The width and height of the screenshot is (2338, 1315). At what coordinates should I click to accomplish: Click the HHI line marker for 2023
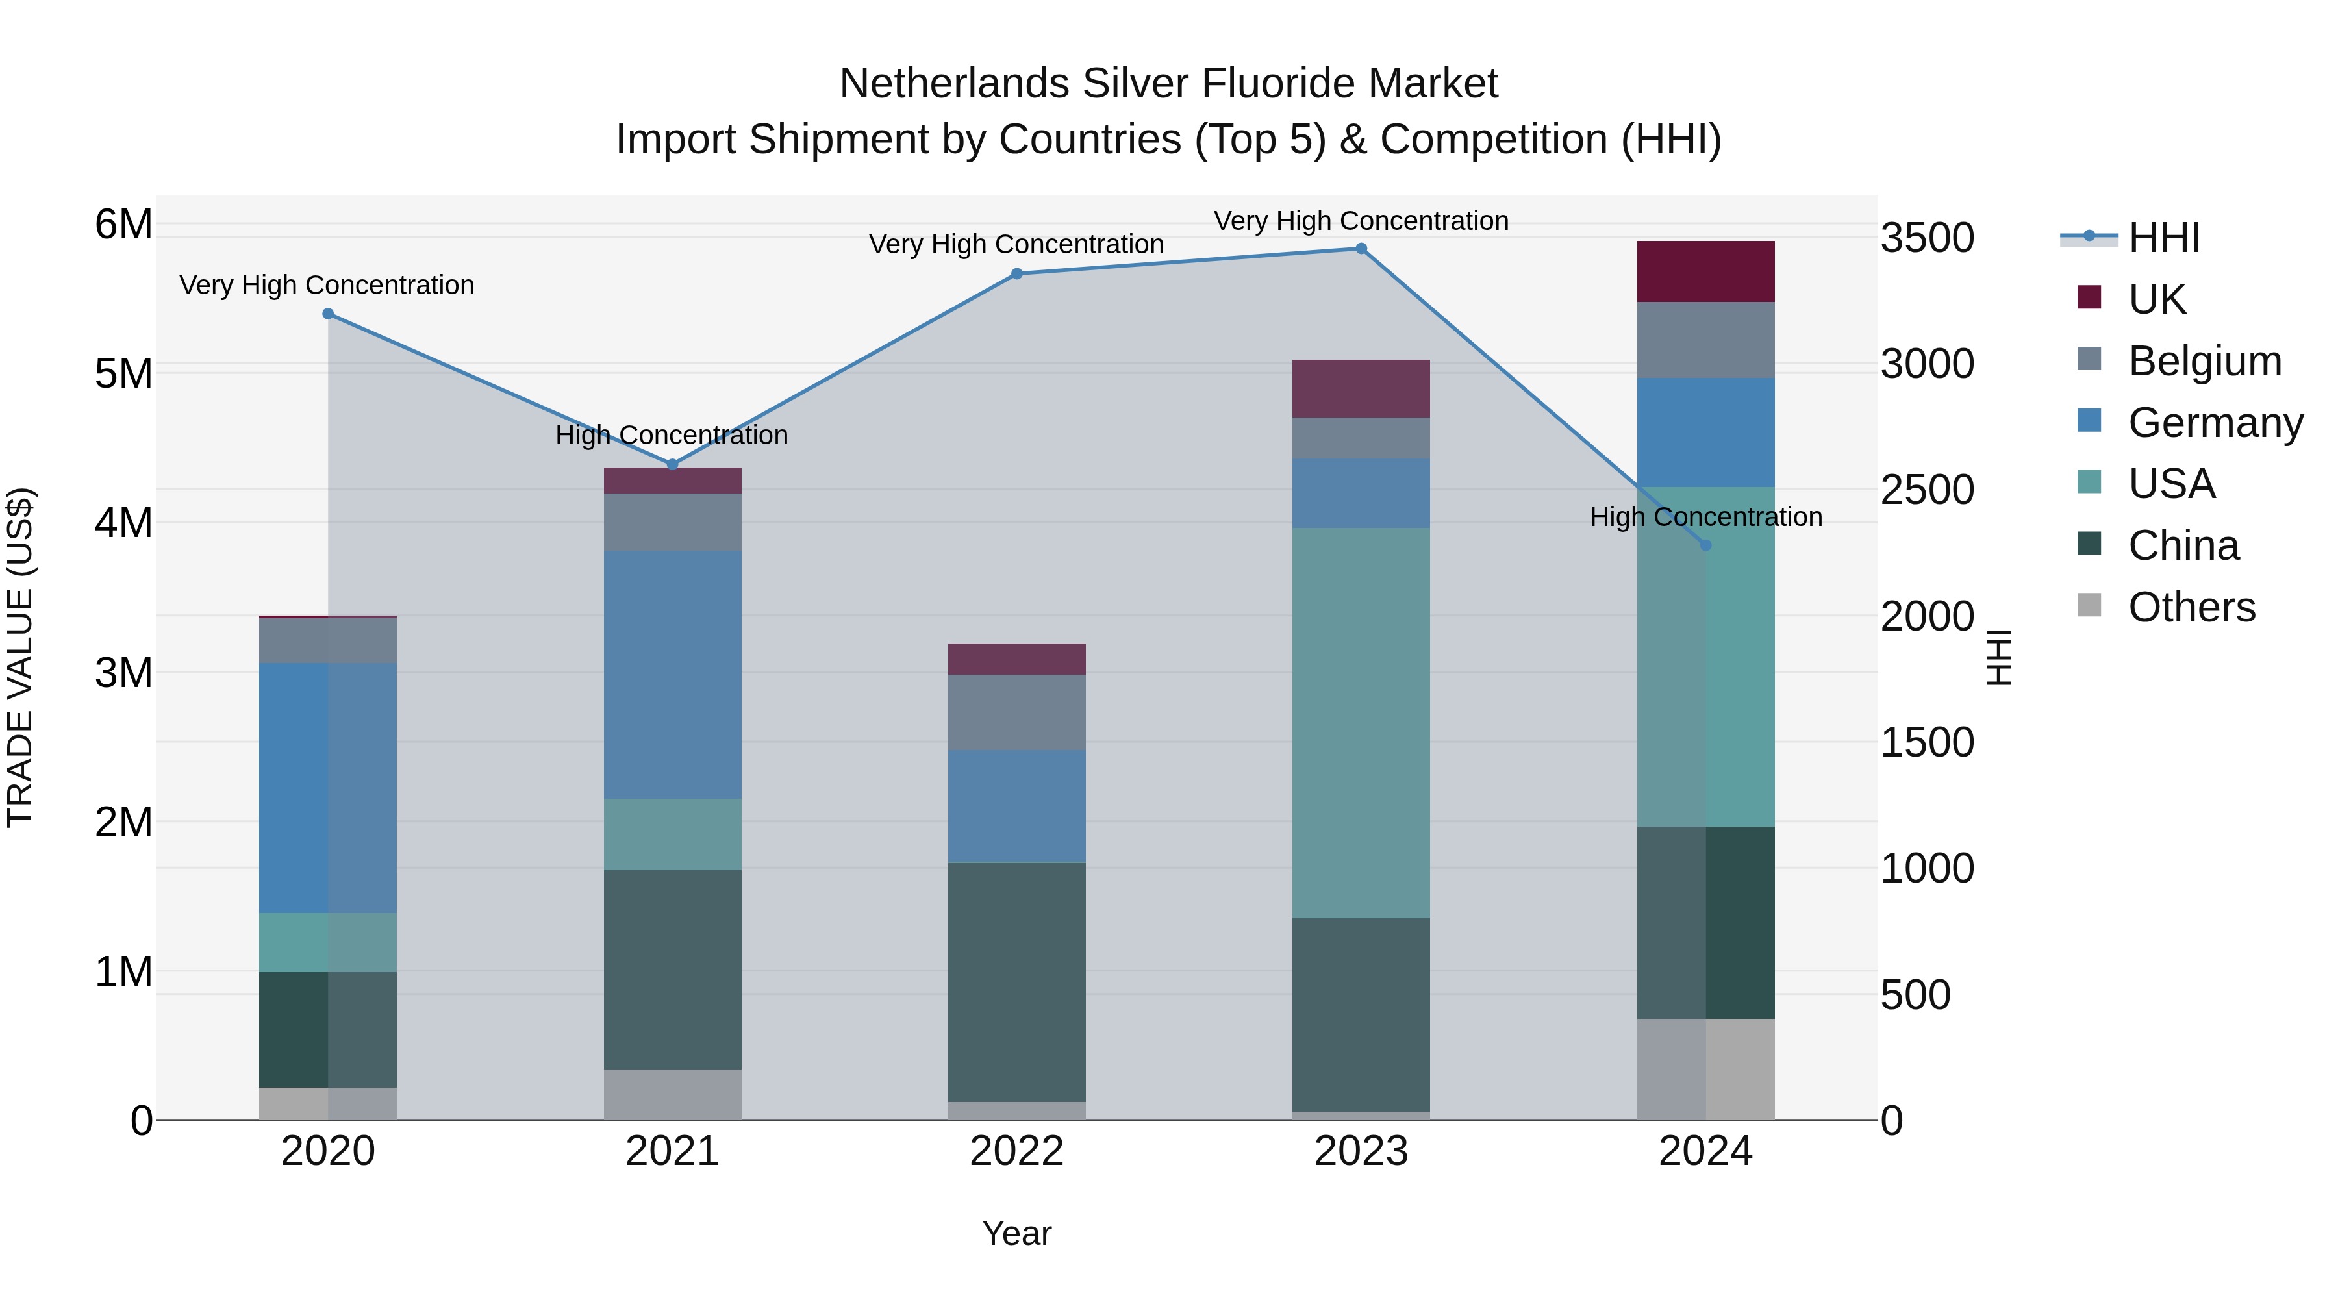[1361, 249]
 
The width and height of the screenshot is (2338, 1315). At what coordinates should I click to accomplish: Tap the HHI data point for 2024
[1705, 545]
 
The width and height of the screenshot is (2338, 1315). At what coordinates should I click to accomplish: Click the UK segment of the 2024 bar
[1705, 271]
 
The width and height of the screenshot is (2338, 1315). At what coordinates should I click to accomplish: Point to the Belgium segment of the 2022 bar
[1016, 712]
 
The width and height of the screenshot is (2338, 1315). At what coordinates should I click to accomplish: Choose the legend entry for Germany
[2215, 423]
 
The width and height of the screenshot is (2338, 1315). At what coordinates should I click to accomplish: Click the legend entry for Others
[2191, 607]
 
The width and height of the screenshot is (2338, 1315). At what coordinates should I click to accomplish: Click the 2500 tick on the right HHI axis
[1927, 490]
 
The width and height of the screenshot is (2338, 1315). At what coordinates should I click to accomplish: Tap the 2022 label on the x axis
[1016, 1151]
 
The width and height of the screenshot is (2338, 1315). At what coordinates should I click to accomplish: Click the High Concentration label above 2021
[672, 436]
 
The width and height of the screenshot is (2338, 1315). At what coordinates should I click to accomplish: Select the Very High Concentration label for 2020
[327, 285]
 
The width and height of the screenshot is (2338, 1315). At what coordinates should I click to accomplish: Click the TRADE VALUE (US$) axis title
[21, 657]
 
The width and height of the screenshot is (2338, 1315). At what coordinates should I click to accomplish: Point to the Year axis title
[1016, 1233]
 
